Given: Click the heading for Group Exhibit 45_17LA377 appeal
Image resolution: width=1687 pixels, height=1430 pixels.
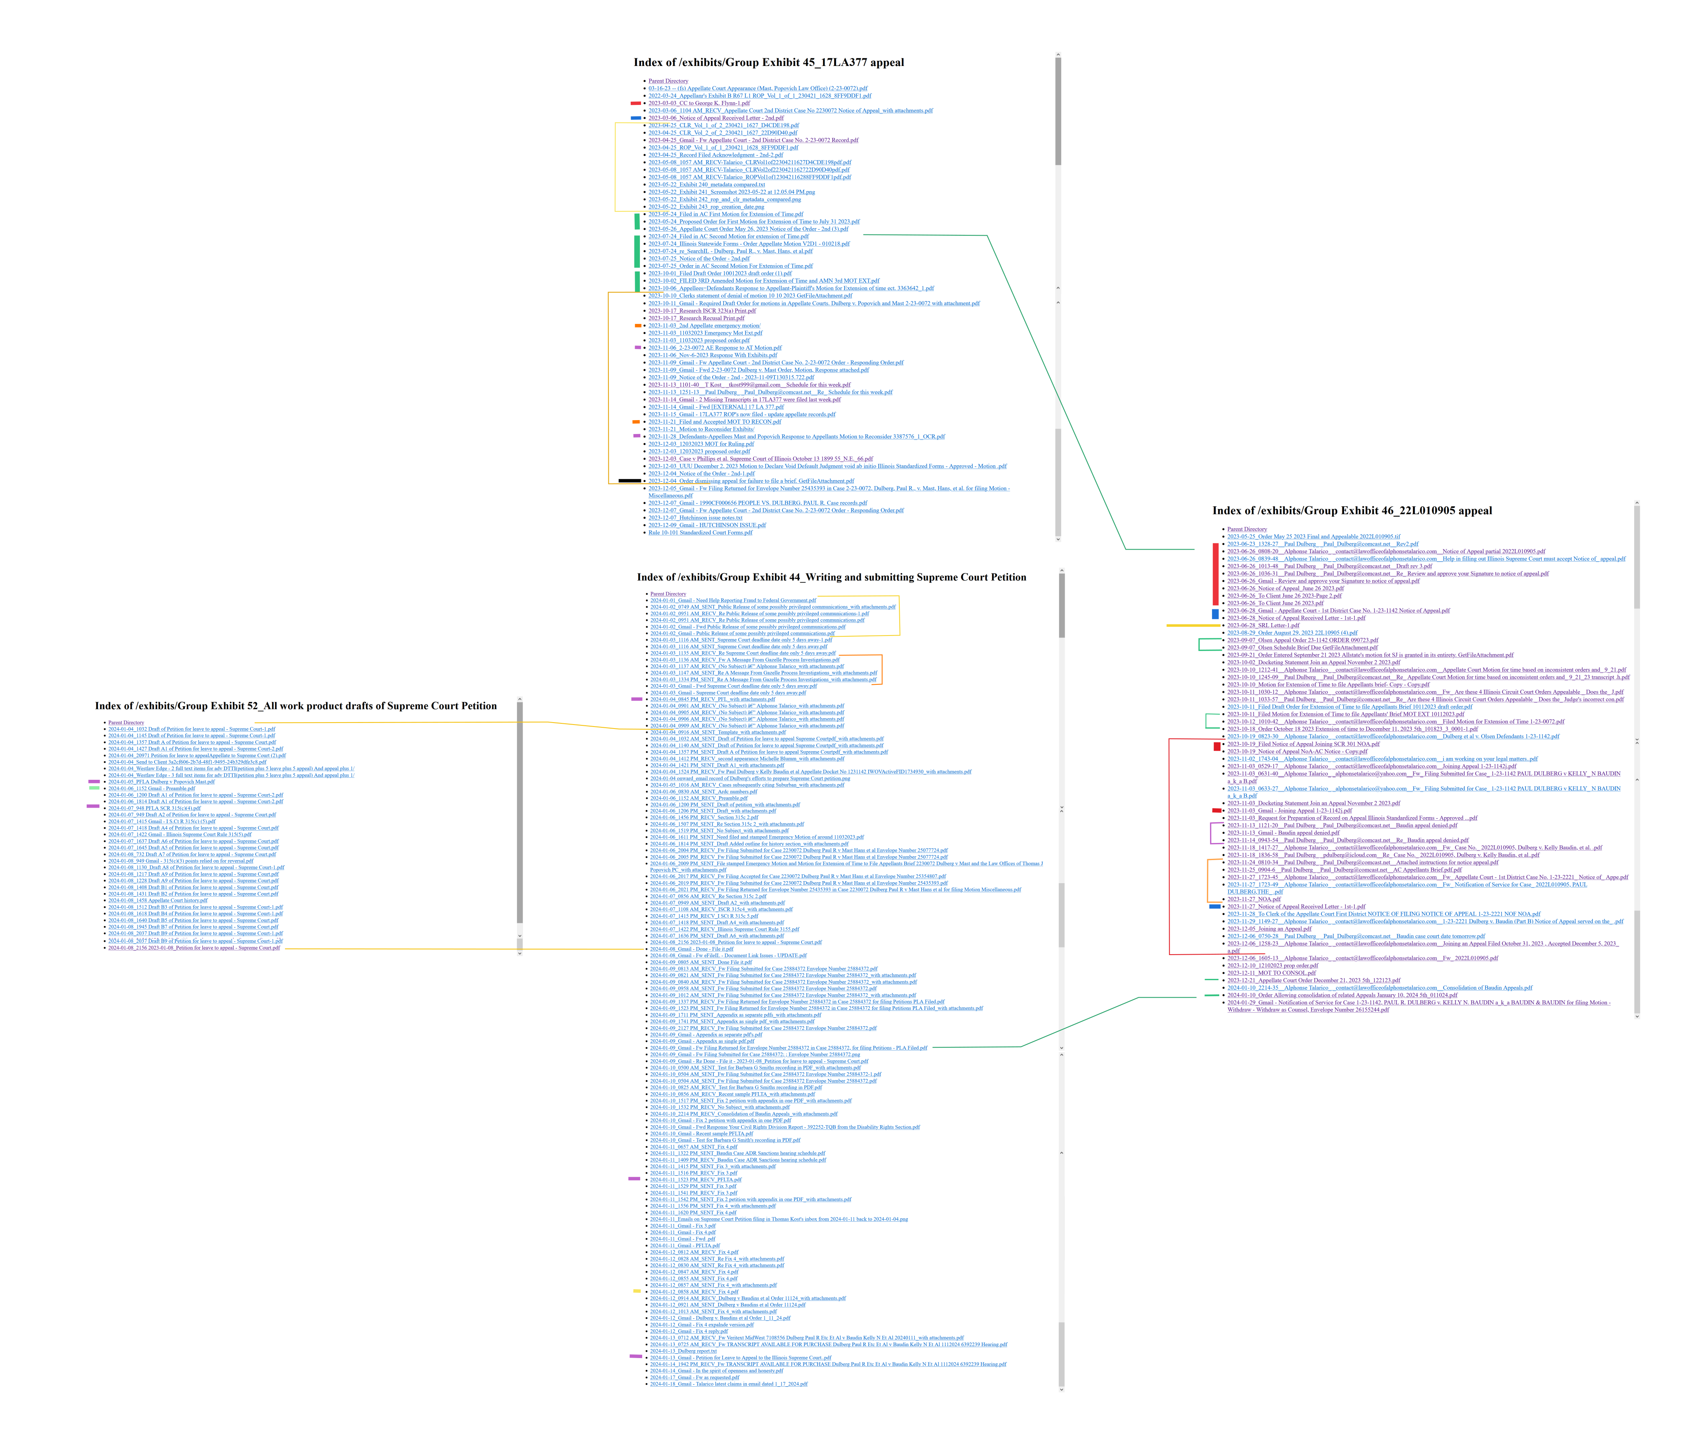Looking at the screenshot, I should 769,62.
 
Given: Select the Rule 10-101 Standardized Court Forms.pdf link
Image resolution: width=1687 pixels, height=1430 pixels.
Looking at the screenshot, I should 699,533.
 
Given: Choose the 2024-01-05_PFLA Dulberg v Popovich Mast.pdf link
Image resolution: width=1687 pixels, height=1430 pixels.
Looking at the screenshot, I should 161,781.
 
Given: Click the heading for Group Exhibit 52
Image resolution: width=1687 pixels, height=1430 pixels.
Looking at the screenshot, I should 296,706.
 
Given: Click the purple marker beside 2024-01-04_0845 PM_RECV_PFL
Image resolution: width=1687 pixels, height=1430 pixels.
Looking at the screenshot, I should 636,699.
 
